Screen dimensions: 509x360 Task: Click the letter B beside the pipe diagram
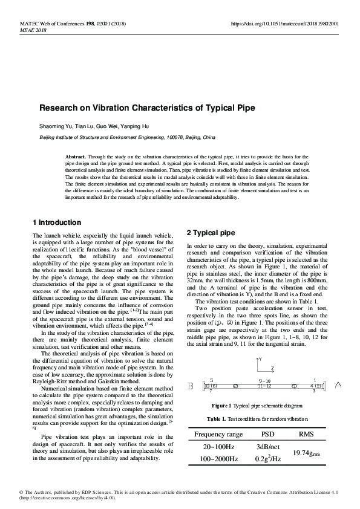191,385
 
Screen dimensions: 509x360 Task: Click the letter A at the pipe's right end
338,384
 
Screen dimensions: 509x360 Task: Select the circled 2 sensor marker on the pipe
236,385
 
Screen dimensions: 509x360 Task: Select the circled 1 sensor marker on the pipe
294,385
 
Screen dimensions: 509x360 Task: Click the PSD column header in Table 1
267,434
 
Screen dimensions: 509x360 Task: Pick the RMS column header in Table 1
307,434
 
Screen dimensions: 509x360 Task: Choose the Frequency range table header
218,434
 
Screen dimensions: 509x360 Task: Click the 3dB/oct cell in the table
267,447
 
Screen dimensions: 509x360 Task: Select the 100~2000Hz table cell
218,459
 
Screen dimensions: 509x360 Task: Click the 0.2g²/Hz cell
267,459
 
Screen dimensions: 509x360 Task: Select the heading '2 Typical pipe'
211,233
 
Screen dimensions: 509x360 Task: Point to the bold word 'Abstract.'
77,157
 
